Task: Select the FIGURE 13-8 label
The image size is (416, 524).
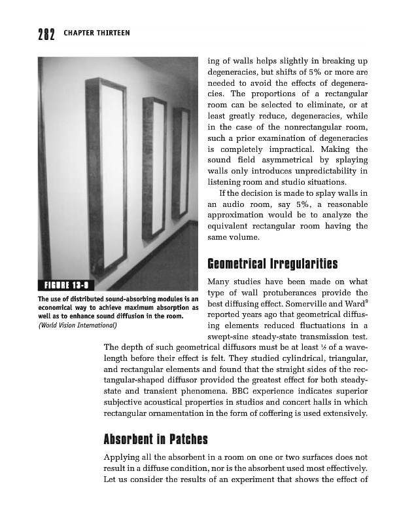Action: (x=67, y=284)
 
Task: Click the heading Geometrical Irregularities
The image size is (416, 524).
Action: (x=272, y=265)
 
